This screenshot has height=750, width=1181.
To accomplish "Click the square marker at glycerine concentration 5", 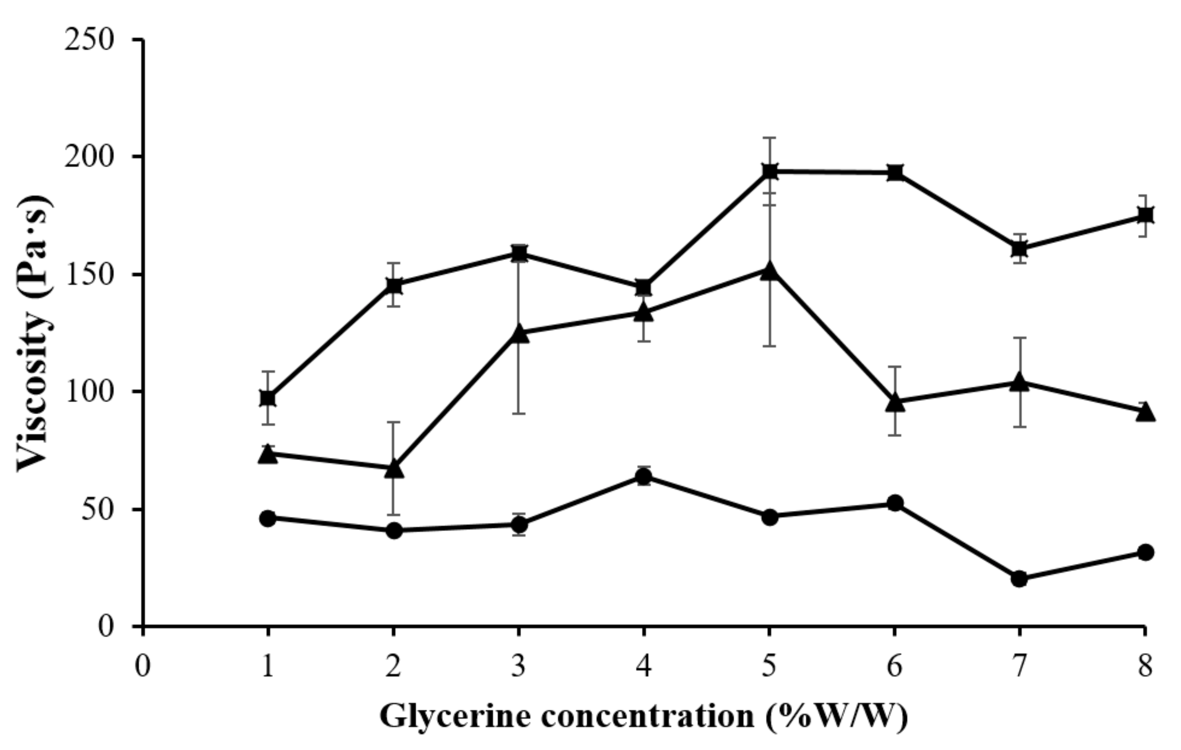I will pyautogui.click(x=769, y=172).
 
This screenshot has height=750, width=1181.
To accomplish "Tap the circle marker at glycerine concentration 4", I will pyautogui.click(x=644, y=476).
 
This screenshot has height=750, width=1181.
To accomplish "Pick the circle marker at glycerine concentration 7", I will pyautogui.click(x=1020, y=579).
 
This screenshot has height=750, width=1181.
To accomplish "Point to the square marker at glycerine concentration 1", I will pyautogui.click(x=268, y=398).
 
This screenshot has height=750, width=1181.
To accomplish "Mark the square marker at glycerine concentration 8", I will pyautogui.click(x=1145, y=215).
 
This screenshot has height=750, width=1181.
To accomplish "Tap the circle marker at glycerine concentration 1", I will pyautogui.click(x=268, y=518).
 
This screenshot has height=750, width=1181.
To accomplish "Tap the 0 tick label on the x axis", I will pyautogui.click(x=143, y=667).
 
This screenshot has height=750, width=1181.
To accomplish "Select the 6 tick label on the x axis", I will pyautogui.click(x=895, y=667).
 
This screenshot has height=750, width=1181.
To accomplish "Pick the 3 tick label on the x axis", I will pyautogui.click(x=519, y=667).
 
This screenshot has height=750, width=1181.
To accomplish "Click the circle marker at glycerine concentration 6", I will pyautogui.click(x=895, y=503).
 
